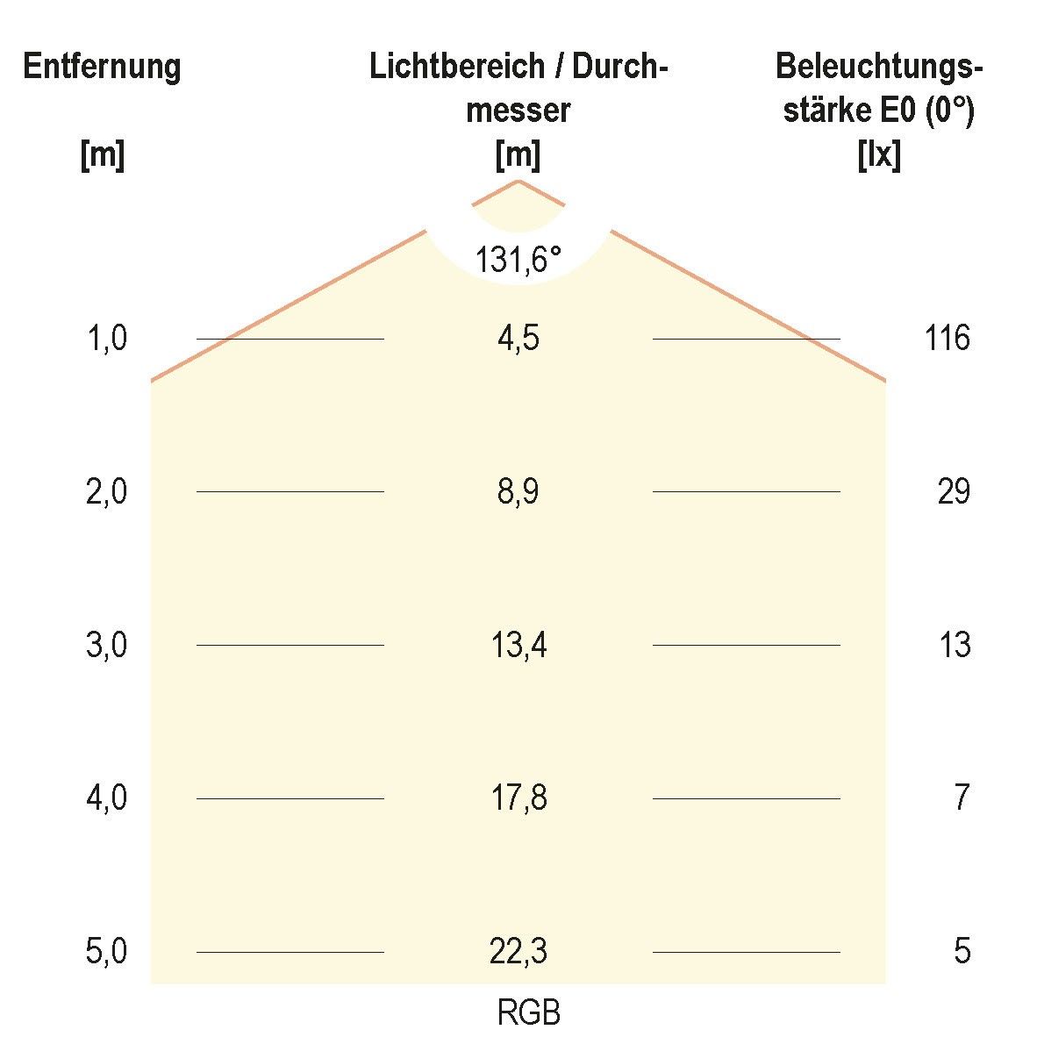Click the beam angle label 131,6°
518,260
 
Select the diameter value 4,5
518,339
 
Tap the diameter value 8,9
518,492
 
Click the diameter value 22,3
518,952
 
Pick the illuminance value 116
948,338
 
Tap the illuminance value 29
954,492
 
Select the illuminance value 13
955,646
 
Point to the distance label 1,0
106,339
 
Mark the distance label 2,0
106,492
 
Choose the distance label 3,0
106,646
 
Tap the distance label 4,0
106,798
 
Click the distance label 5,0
106,952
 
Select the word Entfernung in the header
102,67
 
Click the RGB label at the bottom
528,1014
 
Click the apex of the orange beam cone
518,181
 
